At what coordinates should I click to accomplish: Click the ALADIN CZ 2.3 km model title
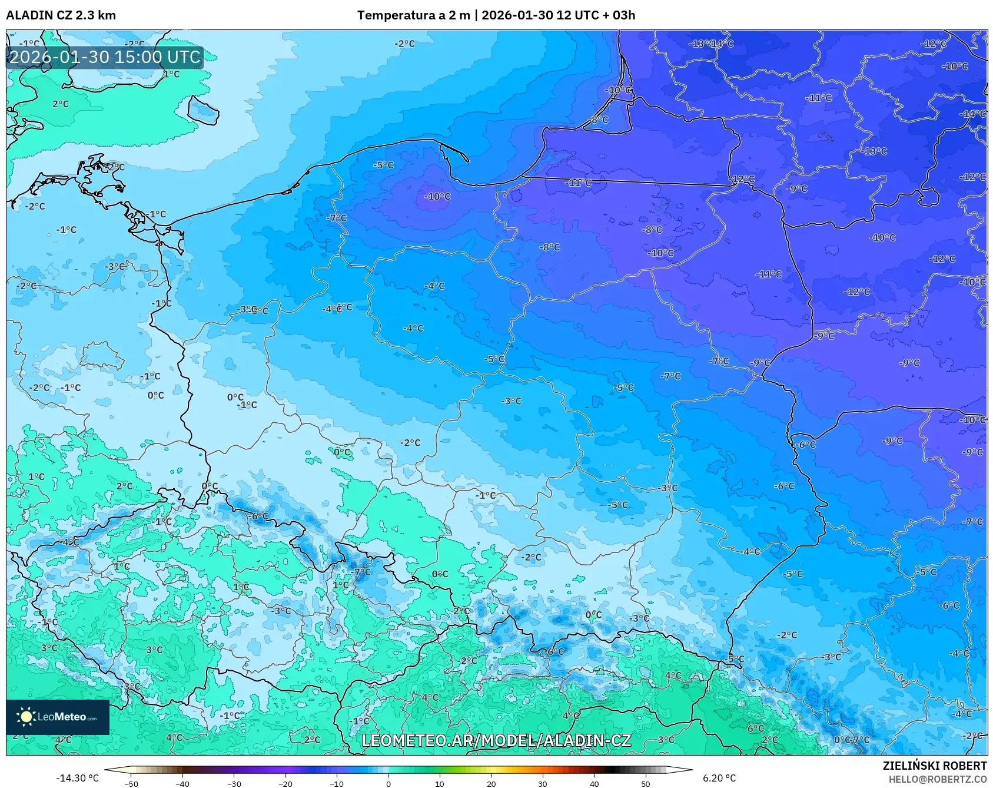pyautogui.click(x=61, y=15)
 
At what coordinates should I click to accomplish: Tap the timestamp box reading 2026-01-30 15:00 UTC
pyautogui.click(x=105, y=57)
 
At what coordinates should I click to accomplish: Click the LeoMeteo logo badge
pyautogui.click(x=58, y=717)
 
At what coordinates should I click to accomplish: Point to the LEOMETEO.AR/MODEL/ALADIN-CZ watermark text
pyautogui.click(x=496, y=740)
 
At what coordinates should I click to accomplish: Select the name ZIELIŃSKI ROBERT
pyautogui.click(x=934, y=766)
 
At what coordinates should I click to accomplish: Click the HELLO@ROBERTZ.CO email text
pyautogui.click(x=937, y=779)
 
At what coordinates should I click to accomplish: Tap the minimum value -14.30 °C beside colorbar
pyautogui.click(x=77, y=778)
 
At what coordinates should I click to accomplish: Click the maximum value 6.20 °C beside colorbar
pyautogui.click(x=719, y=778)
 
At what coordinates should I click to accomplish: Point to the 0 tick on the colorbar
pyautogui.click(x=388, y=784)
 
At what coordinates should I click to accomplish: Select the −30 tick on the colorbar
pyautogui.click(x=234, y=784)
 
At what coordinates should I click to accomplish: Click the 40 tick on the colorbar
pyautogui.click(x=594, y=784)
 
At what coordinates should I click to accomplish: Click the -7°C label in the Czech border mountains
pyautogui.click(x=361, y=572)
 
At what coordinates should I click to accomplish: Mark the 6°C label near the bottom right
pyautogui.click(x=755, y=729)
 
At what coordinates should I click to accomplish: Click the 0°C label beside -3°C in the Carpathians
pyautogui.click(x=593, y=614)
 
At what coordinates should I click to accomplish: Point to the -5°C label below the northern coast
pyautogui.click(x=383, y=165)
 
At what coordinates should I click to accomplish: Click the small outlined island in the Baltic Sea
pyautogui.click(x=203, y=110)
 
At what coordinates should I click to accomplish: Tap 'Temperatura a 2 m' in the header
pyautogui.click(x=413, y=15)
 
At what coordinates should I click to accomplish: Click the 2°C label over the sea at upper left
pyautogui.click(x=61, y=104)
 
